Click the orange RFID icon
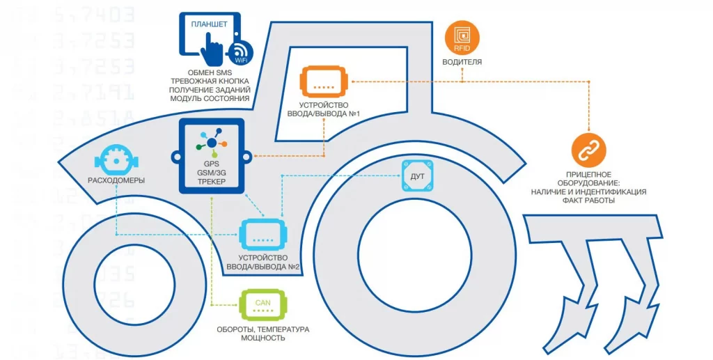[462, 38]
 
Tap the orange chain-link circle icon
[588, 149]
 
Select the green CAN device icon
[263, 304]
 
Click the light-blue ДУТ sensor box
[418, 177]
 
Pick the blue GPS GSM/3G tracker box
[211, 156]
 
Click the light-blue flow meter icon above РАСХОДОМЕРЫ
[116, 159]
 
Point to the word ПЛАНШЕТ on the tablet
[210, 24]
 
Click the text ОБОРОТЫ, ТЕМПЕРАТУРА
[262, 329]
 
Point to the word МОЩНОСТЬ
[262, 338]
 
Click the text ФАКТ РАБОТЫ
[588, 201]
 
